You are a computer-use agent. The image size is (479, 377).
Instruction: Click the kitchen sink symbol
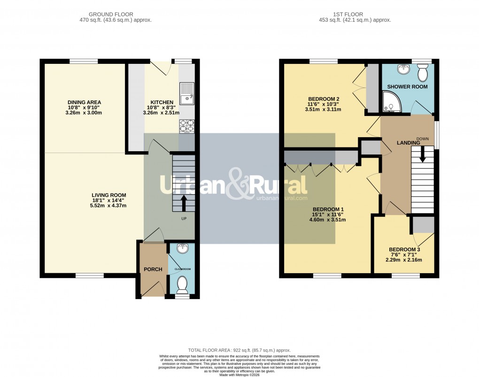click(187, 91)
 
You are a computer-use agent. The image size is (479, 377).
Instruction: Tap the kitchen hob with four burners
click(187, 126)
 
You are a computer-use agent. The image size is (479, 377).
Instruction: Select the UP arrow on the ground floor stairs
click(183, 203)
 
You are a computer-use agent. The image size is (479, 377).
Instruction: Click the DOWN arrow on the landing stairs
click(422, 154)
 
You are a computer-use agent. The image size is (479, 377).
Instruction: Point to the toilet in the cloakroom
click(183, 283)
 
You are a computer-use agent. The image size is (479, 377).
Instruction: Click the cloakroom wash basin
click(183, 248)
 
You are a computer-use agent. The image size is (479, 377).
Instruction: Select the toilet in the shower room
click(423, 73)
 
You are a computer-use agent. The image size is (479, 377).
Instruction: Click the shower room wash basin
click(402, 70)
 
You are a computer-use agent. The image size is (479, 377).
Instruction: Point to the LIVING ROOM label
click(109, 195)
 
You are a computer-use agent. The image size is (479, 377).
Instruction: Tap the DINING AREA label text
click(85, 102)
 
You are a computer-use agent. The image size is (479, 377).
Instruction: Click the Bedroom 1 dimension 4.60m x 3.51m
click(329, 219)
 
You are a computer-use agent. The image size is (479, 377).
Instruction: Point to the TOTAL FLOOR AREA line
click(239, 350)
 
